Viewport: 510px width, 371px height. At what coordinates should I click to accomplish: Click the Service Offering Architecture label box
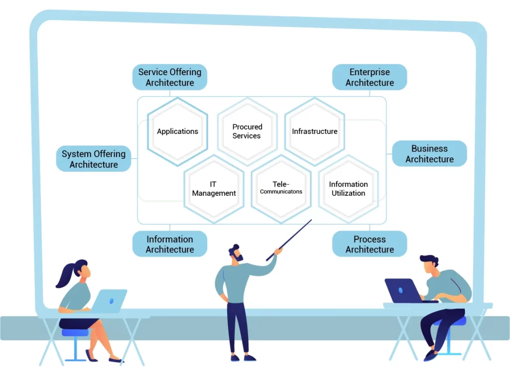pos(170,77)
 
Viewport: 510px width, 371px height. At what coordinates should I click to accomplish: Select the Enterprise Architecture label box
pos(370,77)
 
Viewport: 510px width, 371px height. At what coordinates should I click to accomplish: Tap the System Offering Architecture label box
pos(94,159)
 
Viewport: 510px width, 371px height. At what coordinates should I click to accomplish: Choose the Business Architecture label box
pos(429,153)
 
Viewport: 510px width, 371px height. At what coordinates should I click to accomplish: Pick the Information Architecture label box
pos(170,244)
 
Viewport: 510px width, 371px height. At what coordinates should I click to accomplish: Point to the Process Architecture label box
pos(370,244)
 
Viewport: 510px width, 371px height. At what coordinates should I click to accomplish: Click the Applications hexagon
pos(177,131)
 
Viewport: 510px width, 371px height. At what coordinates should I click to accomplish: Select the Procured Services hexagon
pos(247,131)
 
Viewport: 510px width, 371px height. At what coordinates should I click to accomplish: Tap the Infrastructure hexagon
pos(314,131)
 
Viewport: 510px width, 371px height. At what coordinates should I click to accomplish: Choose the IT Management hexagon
pos(214,189)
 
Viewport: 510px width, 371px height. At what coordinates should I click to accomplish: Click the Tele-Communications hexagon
pos(281,189)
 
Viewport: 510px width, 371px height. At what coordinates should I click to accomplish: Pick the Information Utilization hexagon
pos(348,189)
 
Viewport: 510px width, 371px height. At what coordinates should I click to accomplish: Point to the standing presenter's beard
pos(240,258)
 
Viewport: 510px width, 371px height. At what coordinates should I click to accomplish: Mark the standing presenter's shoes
pos(244,357)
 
